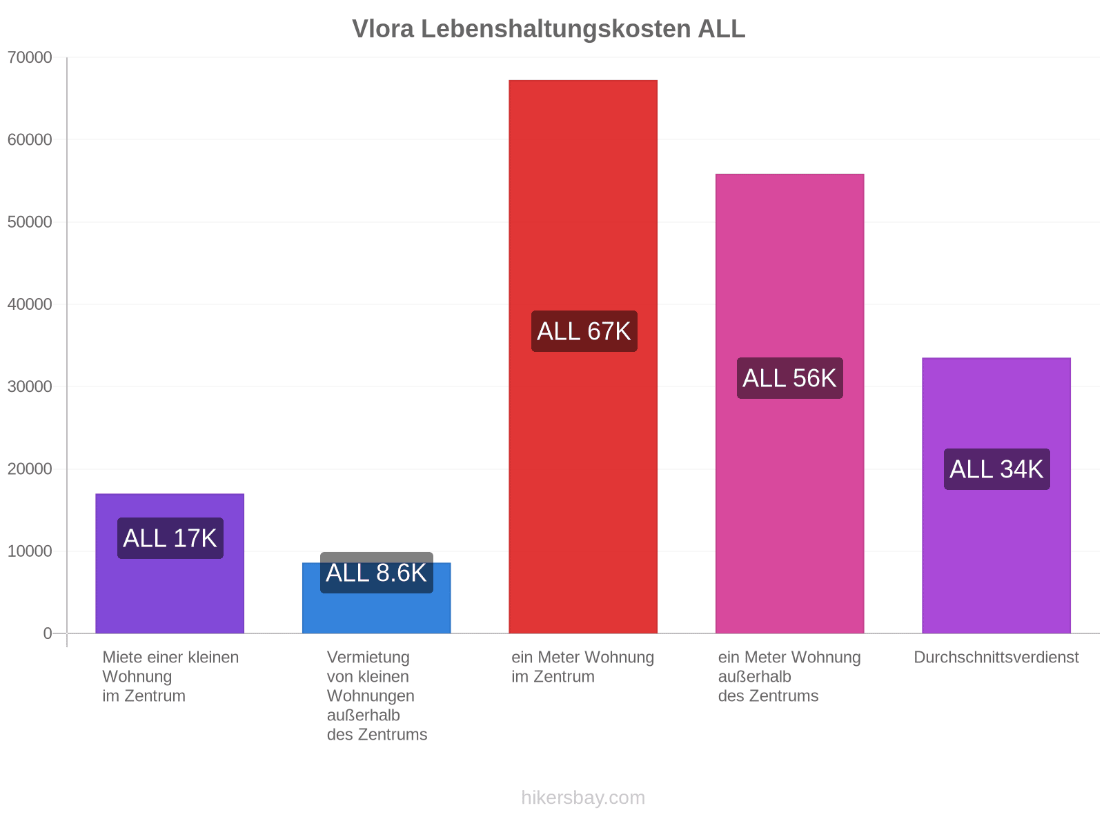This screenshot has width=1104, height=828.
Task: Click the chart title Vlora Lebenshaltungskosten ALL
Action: click(x=549, y=29)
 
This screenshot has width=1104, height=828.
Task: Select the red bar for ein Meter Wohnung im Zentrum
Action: click(x=583, y=357)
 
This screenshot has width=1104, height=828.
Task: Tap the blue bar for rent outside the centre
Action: click(x=376, y=598)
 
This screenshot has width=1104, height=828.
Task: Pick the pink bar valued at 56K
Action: click(x=789, y=404)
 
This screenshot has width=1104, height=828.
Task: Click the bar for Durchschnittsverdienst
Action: click(x=996, y=495)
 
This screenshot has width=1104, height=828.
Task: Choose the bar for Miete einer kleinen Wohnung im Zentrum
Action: click(x=170, y=564)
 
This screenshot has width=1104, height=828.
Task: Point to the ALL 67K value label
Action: click(x=584, y=331)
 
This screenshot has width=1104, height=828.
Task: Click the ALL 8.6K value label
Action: click(x=376, y=573)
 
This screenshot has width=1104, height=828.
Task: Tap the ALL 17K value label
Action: click(x=170, y=538)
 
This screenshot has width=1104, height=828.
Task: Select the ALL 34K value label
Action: click(x=997, y=469)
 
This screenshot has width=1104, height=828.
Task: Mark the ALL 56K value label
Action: click(x=789, y=378)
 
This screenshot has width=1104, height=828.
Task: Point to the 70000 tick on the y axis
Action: click(x=30, y=57)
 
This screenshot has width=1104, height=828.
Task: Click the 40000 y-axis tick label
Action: click(x=30, y=304)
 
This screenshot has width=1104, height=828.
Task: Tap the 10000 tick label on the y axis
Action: click(x=30, y=551)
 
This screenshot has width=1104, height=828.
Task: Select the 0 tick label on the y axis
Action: click(x=48, y=633)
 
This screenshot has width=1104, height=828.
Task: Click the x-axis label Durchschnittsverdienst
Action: click(x=996, y=657)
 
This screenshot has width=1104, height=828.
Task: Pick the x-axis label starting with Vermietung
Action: click(x=377, y=696)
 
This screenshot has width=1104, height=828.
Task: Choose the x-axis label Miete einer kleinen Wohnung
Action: click(x=170, y=677)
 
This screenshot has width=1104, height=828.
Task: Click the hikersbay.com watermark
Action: click(x=583, y=798)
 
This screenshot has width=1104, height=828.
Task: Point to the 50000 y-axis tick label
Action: click(x=30, y=221)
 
